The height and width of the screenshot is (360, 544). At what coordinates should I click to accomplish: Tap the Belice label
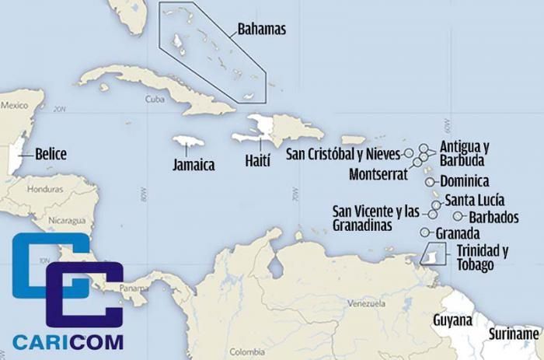tap(51, 154)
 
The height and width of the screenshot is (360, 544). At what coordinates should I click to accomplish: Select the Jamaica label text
tap(194, 165)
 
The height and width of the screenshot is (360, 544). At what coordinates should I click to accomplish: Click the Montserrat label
tap(378, 173)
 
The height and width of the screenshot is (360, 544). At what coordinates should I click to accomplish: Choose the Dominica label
tap(464, 181)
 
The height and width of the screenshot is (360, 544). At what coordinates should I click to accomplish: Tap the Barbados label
tap(493, 217)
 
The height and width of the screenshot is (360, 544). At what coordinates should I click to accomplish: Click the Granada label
tap(458, 233)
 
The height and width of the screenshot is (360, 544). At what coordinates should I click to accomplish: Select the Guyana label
tap(453, 320)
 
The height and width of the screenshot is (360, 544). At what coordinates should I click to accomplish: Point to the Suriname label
tap(514, 334)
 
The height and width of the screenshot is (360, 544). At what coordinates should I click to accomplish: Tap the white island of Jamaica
tap(188, 144)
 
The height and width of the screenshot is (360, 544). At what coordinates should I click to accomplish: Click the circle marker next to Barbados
tap(459, 216)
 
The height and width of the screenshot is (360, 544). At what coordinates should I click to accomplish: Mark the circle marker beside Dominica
tap(430, 181)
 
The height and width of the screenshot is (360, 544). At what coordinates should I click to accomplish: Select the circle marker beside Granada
tap(424, 232)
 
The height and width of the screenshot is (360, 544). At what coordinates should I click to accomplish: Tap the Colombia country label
tap(246, 350)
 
